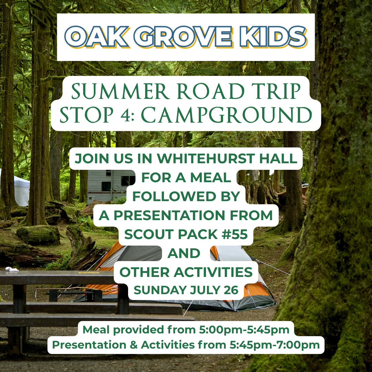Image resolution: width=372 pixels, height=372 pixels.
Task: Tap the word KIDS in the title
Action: point(273,37)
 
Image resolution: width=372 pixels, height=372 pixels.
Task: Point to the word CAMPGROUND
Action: point(226,115)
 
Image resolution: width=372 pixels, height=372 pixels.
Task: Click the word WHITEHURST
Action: point(206,158)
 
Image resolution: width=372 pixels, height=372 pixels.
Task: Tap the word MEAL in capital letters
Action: point(211,177)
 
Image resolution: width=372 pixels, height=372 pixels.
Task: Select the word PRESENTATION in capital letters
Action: point(169,215)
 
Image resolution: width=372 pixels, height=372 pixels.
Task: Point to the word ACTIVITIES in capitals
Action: point(213,272)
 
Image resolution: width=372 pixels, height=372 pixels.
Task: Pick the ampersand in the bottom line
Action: point(134,345)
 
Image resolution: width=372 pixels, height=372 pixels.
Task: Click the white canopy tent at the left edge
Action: point(15,190)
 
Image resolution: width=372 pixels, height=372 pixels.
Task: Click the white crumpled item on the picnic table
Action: point(12,269)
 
